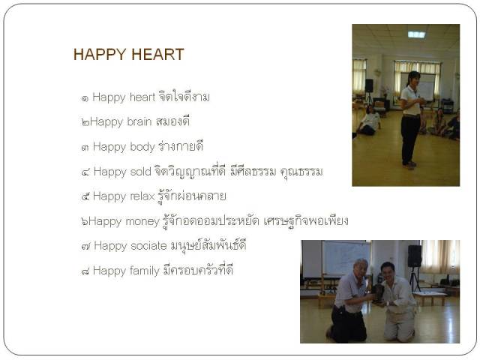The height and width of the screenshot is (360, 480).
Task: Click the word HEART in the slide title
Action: click(x=157, y=55)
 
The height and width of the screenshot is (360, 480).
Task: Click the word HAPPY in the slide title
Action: click(x=100, y=55)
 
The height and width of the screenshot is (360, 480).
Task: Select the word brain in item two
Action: click(x=139, y=121)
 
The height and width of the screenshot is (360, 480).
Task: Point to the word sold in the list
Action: click(x=141, y=172)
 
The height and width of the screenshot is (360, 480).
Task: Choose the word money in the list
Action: click(x=142, y=221)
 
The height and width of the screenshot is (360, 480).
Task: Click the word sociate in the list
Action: click(x=148, y=246)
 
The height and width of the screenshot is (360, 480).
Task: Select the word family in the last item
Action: click(x=145, y=271)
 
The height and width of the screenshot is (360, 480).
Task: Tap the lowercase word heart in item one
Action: click(x=142, y=97)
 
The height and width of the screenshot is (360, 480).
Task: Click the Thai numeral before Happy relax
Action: click(x=85, y=196)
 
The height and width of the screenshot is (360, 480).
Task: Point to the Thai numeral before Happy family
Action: click(x=85, y=271)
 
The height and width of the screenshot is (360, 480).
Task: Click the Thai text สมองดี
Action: click(x=173, y=121)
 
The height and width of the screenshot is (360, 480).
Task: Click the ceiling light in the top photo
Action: click(x=416, y=34)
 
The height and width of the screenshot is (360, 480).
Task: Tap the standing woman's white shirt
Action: click(x=410, y=100)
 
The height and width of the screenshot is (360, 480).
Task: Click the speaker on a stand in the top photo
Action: click(x=369, y=85)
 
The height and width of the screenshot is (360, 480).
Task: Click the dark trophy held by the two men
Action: click(x=378, y=292)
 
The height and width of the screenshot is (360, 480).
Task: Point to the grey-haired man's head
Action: click(x=360, y=267)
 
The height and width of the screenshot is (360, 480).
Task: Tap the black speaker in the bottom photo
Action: click(x=415, y=256)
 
